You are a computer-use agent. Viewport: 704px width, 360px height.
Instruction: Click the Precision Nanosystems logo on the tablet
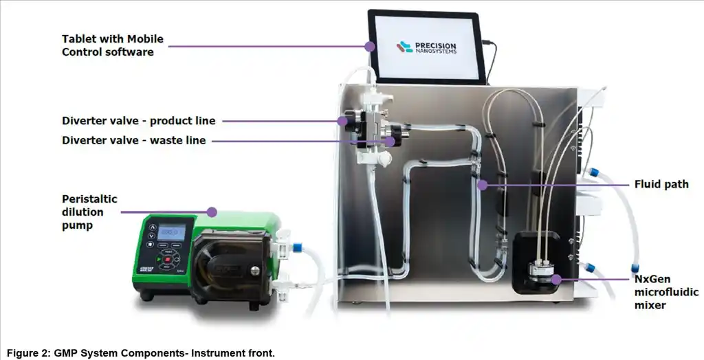426,47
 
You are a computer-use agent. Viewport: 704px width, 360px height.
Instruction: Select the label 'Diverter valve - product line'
138,121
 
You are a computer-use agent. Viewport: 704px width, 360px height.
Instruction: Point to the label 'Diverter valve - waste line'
133,141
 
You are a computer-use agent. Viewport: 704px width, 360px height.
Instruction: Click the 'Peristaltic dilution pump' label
89,212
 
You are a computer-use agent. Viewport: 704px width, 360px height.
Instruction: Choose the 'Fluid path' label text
661,184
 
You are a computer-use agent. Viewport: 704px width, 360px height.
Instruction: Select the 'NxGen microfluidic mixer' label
665,292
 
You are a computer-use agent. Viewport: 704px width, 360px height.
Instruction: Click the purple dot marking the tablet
370,47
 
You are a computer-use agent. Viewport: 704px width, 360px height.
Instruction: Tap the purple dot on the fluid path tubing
483,185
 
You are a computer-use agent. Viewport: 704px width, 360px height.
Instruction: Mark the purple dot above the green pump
212,212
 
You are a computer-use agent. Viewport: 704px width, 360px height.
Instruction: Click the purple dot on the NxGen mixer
555,280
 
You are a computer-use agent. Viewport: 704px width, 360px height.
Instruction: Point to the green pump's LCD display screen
171,233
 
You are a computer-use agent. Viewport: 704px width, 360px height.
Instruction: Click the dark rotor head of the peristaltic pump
224,265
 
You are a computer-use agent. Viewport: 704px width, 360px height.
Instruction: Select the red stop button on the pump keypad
167,259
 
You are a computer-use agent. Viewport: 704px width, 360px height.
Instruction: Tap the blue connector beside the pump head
298,246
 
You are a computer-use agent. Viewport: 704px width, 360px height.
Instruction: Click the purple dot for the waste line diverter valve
390,141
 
